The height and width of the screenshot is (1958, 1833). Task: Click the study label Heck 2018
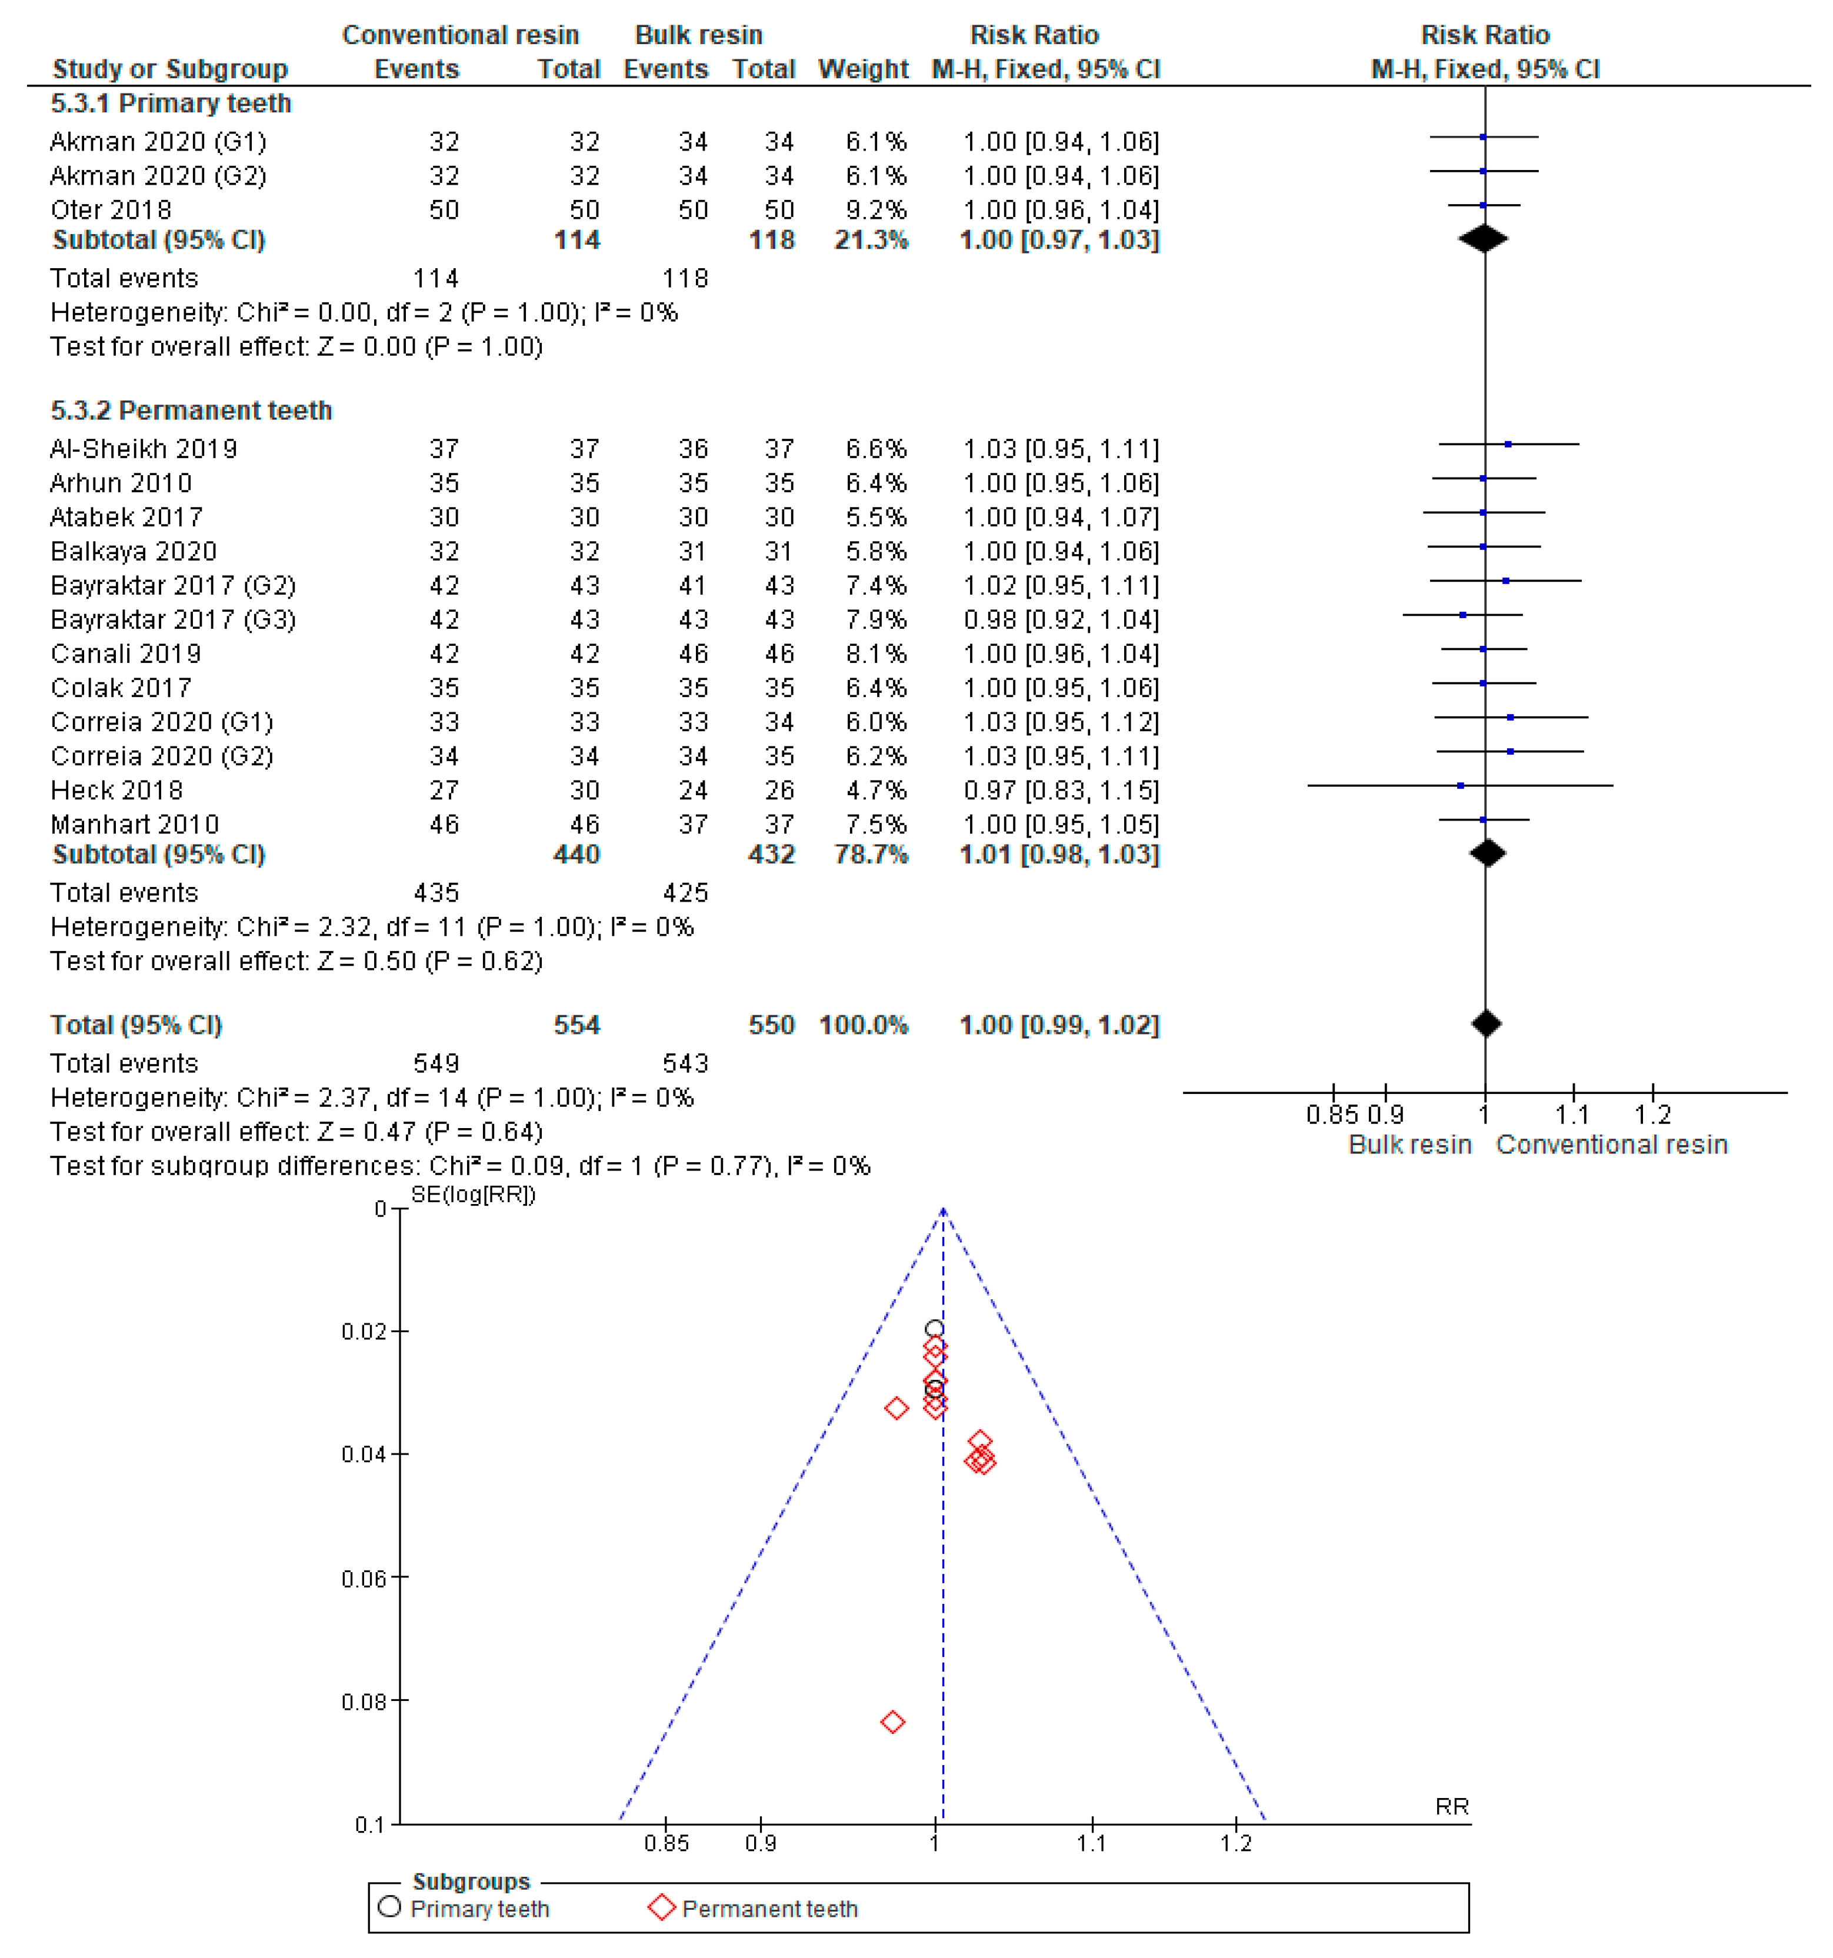[x=116, y=790]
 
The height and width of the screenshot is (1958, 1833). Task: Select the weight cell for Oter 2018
[x=876, y=210]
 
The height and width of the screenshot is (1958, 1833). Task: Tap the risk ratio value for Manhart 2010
[x=1060, y=825]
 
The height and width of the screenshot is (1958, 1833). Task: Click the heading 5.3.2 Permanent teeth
[x=191, y=410]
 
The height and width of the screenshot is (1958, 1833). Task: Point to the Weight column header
[x=863, y=69]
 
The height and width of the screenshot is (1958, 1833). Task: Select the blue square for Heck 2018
[x=1459, y=786]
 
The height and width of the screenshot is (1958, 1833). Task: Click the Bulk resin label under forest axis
[x=1409, y=1145]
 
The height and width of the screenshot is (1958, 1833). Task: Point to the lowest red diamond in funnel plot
[x=892, y=1722]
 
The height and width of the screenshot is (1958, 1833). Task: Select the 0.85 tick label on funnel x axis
[x=666, y=1843]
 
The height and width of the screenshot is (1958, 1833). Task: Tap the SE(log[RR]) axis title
[x=473, y=1195]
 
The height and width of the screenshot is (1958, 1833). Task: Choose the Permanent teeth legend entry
[x=768, y=1909]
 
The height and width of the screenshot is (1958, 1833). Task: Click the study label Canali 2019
[x=125, y=654]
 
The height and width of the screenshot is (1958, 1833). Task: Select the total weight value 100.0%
[x=863, y=1025]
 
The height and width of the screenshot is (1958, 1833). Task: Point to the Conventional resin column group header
[x=460, y=35]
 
